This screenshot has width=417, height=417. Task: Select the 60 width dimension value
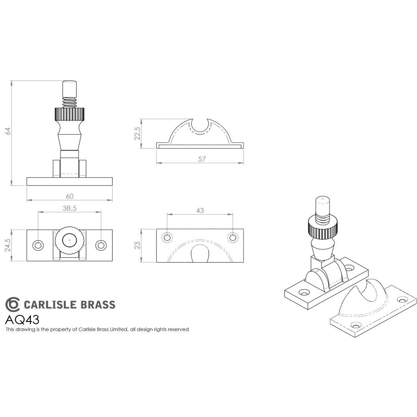pyautogui.click(x=69, y=196)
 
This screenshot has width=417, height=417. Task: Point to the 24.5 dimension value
pyautogui.click(x=7, y=245)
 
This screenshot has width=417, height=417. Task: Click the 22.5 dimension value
pyautogui.click(x=137, y=133)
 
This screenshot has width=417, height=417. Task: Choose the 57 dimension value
pyautogui.click(x=202, y=159)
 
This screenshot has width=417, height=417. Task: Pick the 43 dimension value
pyautogui.click(x=200, y=211)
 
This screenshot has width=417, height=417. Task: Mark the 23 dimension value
pyautogui.click(x=137, y=245)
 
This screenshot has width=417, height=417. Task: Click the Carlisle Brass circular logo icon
pyautogui.click(x=12, y=304)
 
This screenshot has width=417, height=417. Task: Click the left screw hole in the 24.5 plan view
pyautogui.click(x=38, y=245)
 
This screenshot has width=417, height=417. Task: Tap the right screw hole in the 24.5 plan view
pyautogui.click(x=100, y=245)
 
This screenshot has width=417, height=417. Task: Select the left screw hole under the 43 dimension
pyautogui.click(x=167, y=238)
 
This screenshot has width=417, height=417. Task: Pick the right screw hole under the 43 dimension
pyautogui.click(x=232, y=238)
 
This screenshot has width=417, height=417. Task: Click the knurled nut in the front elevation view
pyautogui.click(x=69, y=114)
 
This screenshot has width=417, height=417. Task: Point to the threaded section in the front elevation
pyautogui.click(x=70, y=102)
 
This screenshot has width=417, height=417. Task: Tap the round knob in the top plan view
pyautogui.click(x=69, y=240)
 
